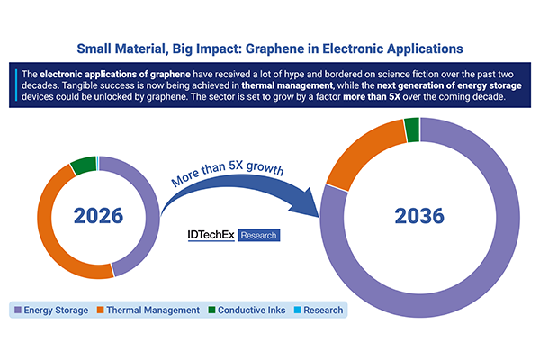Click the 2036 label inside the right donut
coord(419,217)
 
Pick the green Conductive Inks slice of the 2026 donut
coord(83,165)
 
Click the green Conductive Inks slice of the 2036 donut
coord(411,130)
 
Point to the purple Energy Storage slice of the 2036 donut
coord(486,270)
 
